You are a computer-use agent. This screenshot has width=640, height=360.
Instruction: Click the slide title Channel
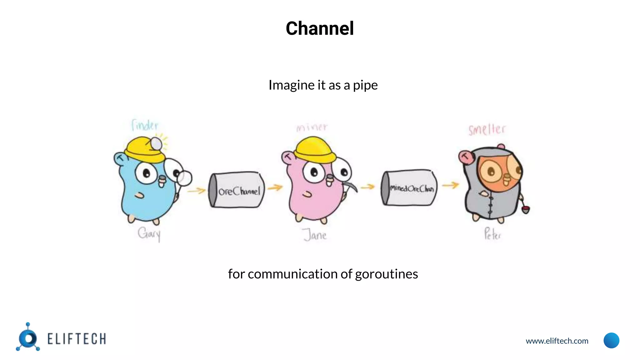point(320,28)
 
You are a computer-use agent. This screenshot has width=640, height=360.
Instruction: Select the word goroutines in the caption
point(386,274)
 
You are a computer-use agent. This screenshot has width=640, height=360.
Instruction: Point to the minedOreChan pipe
point(409,188)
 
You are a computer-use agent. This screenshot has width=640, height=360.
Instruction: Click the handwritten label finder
point(145,125)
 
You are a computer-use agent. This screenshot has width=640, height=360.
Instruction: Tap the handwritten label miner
point(312,127)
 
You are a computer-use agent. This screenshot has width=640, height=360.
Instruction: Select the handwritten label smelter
point(487,129)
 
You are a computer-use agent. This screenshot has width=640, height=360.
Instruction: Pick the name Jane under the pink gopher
point(315,235)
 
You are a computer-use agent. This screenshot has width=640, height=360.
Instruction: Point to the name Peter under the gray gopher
point(492,234)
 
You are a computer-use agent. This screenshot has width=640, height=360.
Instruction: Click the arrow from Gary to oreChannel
point(197,190)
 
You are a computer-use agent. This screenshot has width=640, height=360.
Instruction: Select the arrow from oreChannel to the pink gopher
point(275,187)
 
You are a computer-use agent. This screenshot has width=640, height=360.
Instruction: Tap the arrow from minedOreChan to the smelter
point(450,185)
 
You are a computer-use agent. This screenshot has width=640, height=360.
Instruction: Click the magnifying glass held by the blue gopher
point(184,178)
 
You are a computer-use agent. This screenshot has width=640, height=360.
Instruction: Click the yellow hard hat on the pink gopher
point(314,150)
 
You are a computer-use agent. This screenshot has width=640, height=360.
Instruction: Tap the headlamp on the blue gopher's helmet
point(156,144)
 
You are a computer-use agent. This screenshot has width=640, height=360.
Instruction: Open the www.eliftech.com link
point(557,341)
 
